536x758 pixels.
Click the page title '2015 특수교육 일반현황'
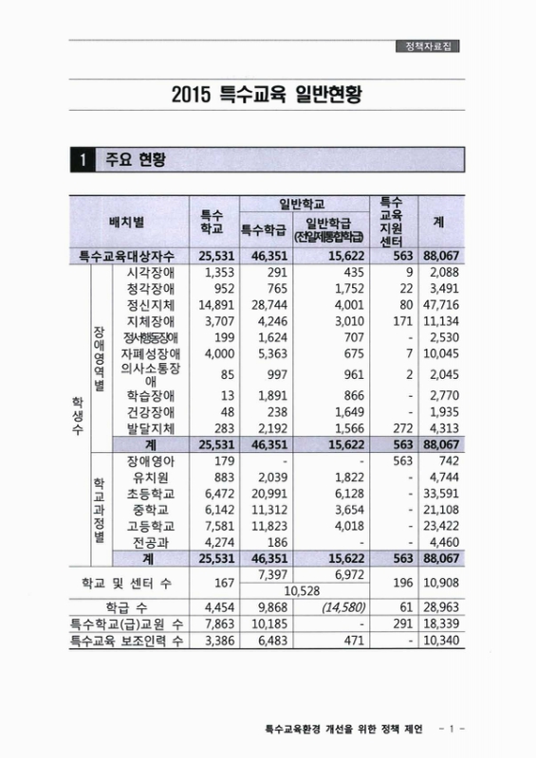(269, 96)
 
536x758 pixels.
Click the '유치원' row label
(151, 478)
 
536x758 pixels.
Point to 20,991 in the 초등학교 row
(268, 495)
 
